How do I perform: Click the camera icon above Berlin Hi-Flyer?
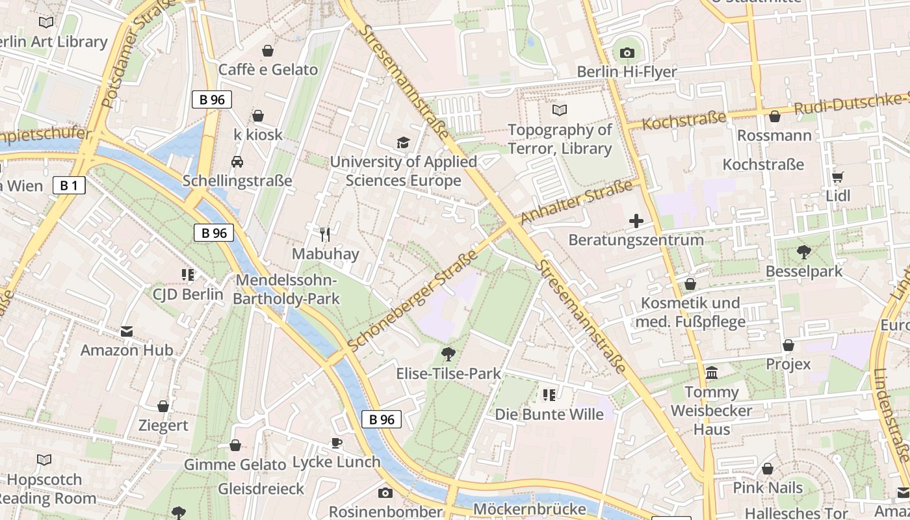tap(627, 53)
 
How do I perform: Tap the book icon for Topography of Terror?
tap(559, 110)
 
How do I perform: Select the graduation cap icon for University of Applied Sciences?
tap(403, 142)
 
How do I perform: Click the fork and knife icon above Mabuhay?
tap(325, 234)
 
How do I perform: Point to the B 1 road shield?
tap(69, 186)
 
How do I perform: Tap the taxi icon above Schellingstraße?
tap(237, 161)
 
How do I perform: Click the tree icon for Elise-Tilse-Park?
tap(448, 354)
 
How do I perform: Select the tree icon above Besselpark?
tap(803, 252)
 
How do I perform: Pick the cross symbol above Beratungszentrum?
tap(636, 221)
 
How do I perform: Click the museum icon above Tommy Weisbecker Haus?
tap(712, 373)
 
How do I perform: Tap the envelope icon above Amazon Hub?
tap(127, 331)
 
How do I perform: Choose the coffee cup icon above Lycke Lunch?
tap(336, 443)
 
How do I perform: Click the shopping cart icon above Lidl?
tap(838, 177)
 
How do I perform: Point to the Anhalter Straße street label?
tap(576, 203)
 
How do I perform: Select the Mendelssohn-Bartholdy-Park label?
tap(287, 290)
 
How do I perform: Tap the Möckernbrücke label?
tap(530, 508)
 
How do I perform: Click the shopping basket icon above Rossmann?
tap(774, 116)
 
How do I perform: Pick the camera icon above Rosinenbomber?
tap(385, 493)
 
